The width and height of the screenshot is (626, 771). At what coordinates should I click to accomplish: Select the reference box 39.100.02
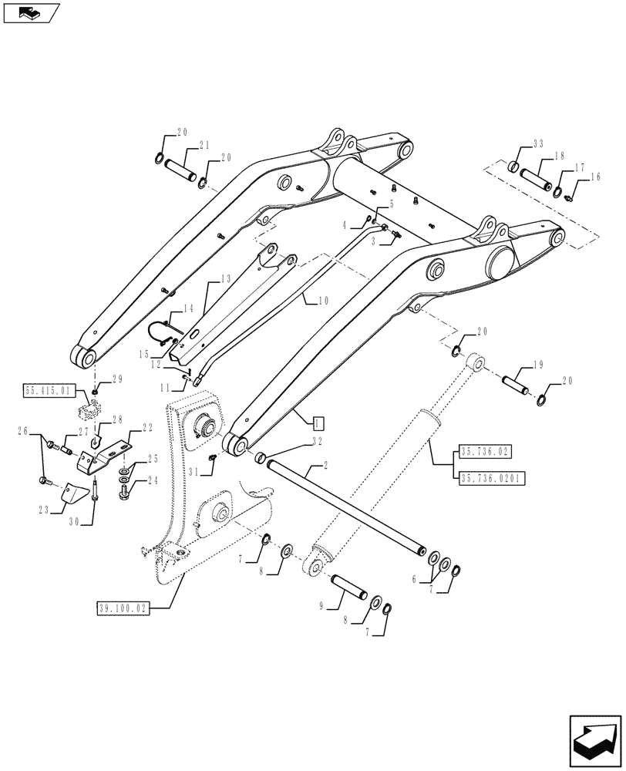[123, 608]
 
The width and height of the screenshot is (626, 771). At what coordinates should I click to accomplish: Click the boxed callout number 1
[318, 422]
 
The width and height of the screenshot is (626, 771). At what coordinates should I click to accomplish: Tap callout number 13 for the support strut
[225, 278]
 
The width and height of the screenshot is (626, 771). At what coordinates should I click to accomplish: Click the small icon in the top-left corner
[31, 12]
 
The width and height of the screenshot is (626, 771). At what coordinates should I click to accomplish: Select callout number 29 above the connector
[117, 379]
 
